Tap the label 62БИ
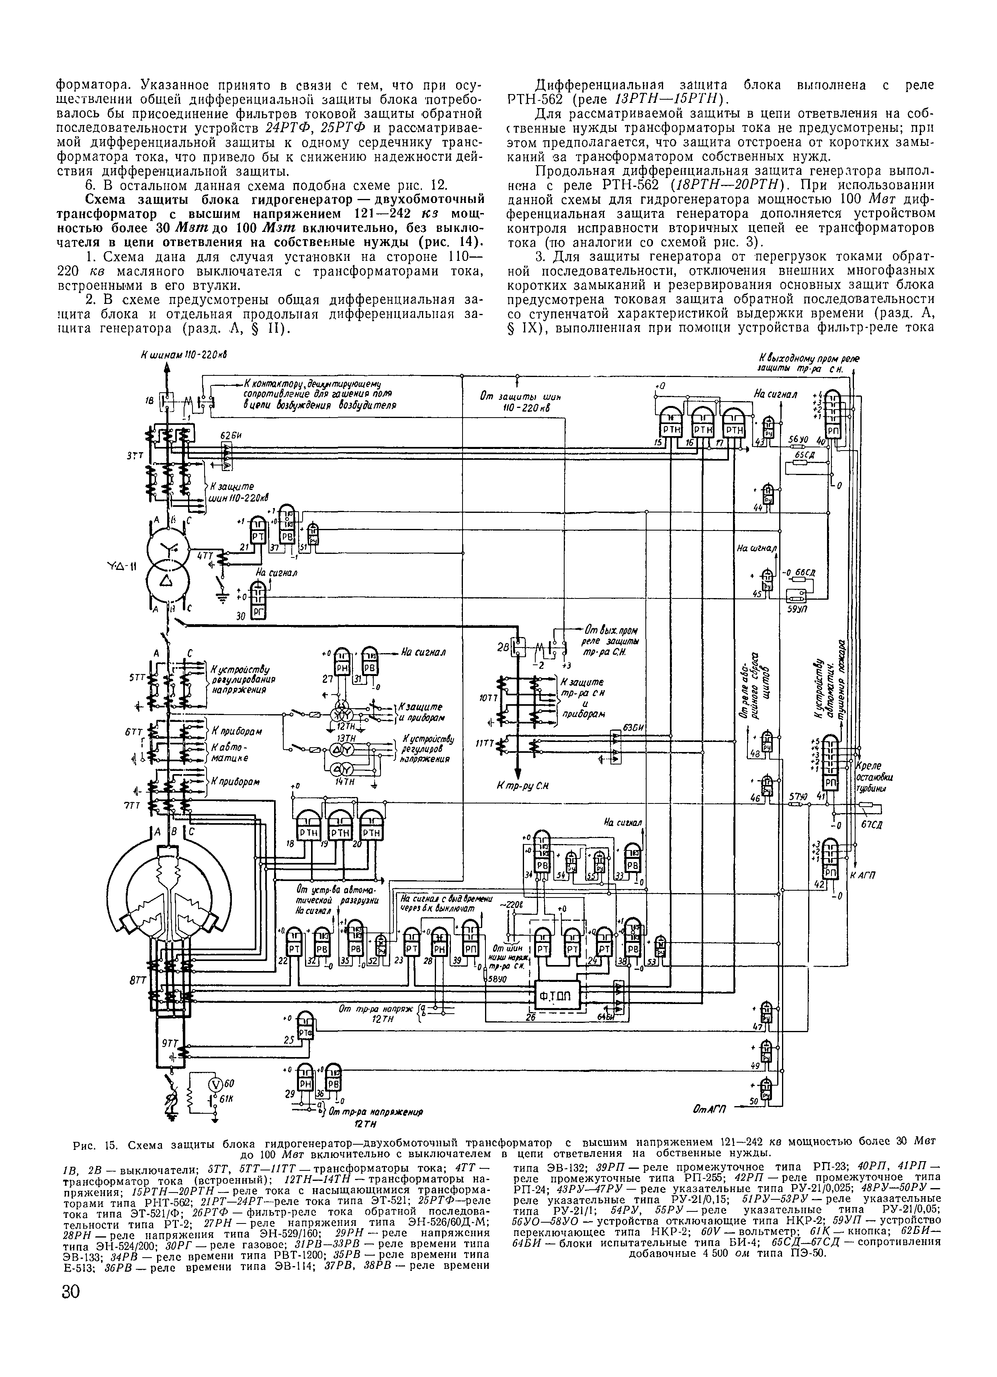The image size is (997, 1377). (x=228, y=435)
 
